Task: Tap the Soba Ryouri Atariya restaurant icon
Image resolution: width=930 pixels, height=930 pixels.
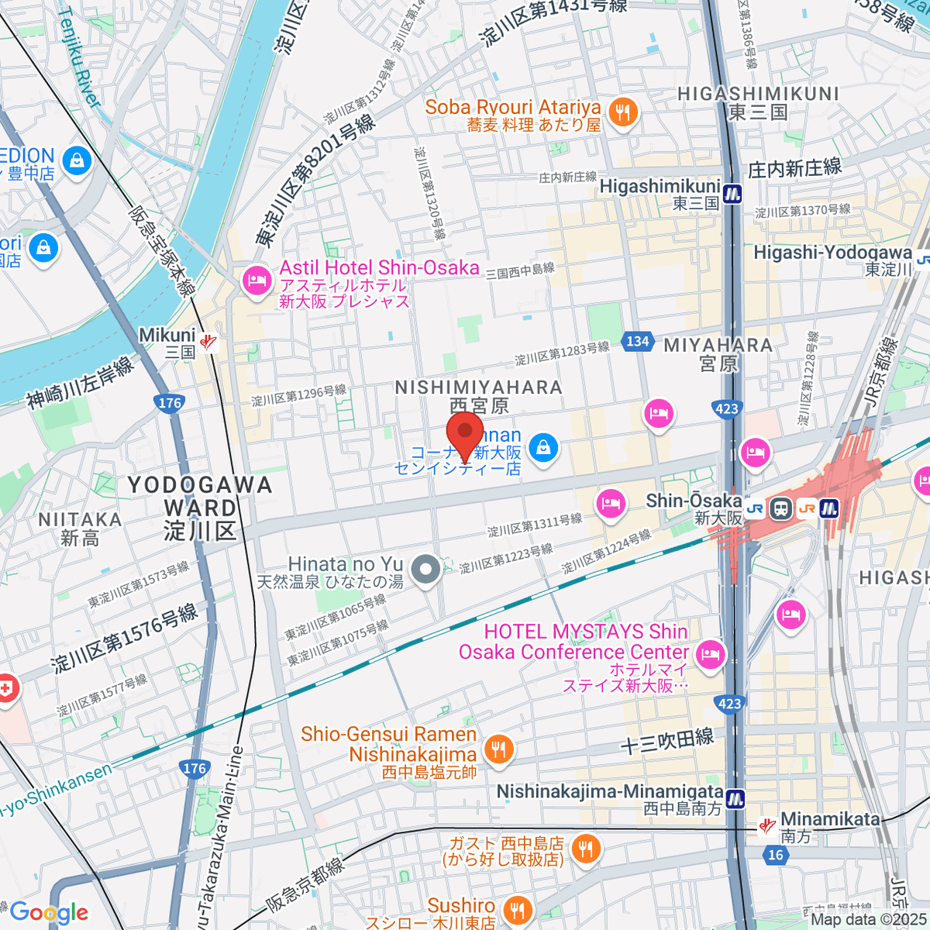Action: click(x=622, y=113)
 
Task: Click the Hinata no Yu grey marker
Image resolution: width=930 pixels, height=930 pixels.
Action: click(x=425, y=571)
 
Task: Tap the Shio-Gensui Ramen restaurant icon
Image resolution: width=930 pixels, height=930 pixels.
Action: click(x=498, y=749)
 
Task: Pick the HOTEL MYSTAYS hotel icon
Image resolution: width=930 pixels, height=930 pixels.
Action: click(x=709, y=654)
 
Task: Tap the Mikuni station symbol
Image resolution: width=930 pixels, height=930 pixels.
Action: click(x=207, y=341)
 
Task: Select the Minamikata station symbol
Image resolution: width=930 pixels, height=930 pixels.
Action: click(x=767, y=826)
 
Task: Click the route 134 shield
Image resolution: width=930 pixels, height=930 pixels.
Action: click(x=637, y=341)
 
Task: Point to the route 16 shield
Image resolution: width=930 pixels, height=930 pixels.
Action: click(x=775, y=855)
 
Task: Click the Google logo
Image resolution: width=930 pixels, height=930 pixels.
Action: click(x=49, y=912)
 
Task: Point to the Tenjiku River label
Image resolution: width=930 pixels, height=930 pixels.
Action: click(x=80, y=58)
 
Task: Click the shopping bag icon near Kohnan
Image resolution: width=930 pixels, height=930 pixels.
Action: click(x=544, y=448)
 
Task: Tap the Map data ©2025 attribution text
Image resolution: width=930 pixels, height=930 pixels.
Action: click(x=868, y=920)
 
